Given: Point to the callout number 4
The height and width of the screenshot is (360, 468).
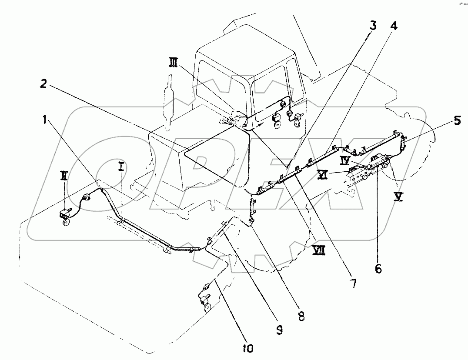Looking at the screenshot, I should pyautogui.click(x=393, y=26).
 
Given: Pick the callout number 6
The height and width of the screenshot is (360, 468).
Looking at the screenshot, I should pyautogui.click(x=378, y=268).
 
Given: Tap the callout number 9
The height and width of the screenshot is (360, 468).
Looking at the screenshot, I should pyautogui.click(x=279, y=330).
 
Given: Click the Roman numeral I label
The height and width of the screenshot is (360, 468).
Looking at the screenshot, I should pyautogui.click(x=122, y=166).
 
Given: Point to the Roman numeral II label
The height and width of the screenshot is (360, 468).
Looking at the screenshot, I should pyautogui.click(x=64, y=177).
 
